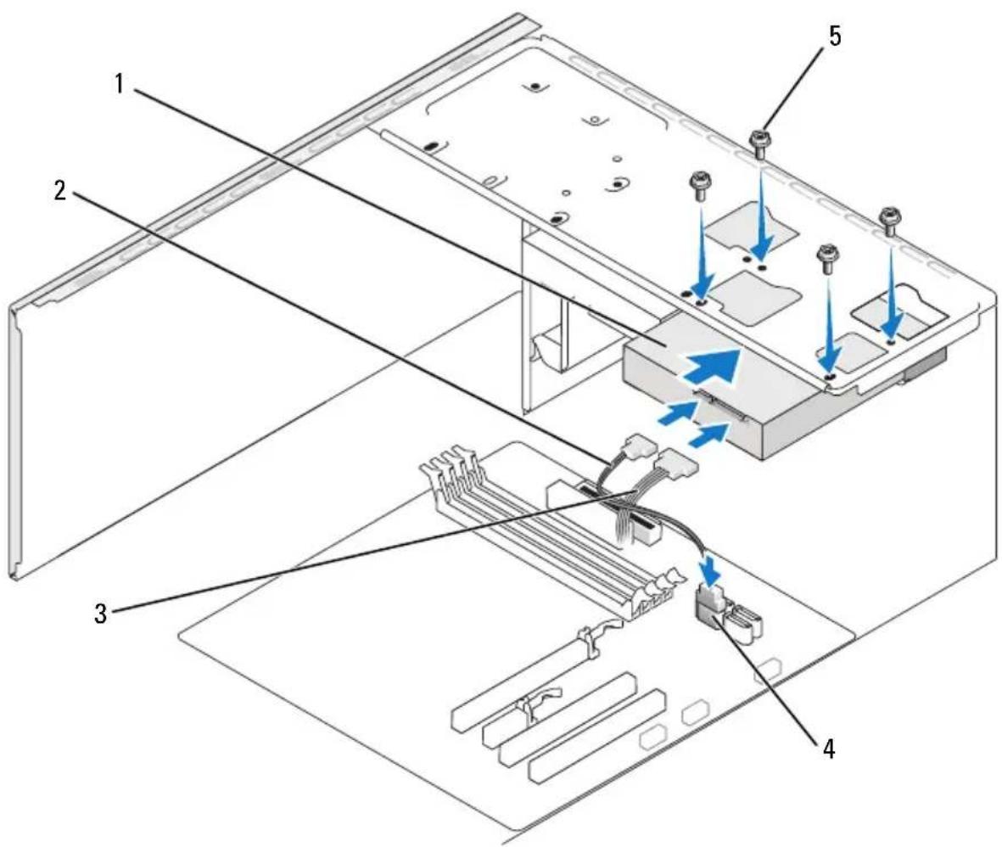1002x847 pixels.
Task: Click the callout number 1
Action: pyautogui.click(x=119, y=84)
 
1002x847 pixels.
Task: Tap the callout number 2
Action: pyautogui.click(x=59, y=190)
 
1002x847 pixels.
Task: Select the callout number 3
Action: pyautogui.click(x=101, y=613)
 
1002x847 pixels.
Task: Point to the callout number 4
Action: pyautogui.click(x=829, y=748)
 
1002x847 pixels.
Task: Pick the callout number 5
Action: pyautogui.click(x=835, y=36)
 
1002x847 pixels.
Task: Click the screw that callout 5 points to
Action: pyautogui.click(x=758, y=143)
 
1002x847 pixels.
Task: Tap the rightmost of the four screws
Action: pyautogui.click(x=889, y=219)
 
